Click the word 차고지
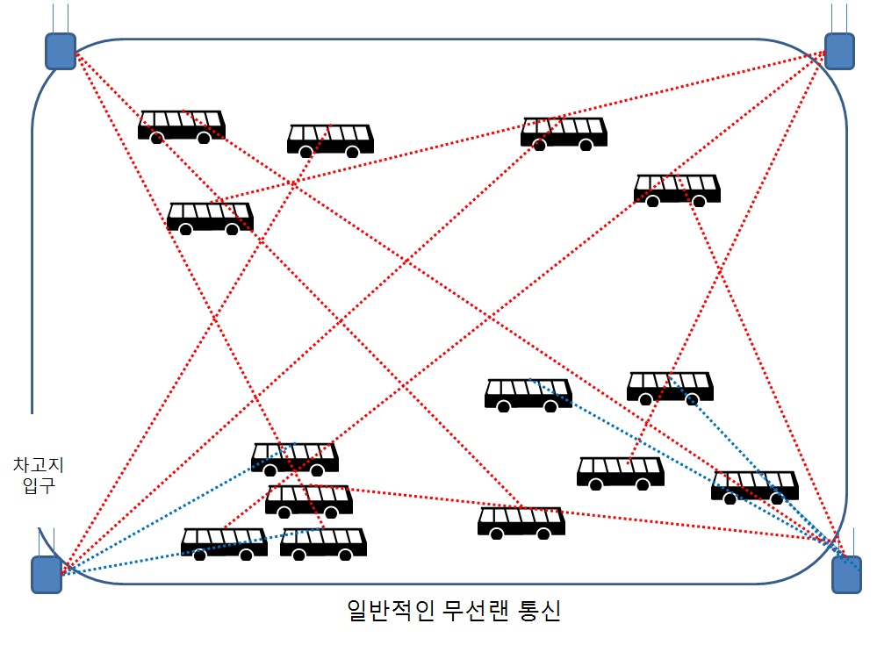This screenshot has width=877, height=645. pos(38,464)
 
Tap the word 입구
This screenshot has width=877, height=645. pos(39,484)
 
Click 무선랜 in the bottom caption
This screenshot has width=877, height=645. pos(475,610)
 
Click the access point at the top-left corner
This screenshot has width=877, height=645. pos(61,52)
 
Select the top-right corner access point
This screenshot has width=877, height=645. pos(839,52)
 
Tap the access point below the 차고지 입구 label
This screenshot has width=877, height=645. pos(47,574)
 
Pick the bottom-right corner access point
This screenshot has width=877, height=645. pos(847,574)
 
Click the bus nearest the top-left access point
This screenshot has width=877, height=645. pos(182,126)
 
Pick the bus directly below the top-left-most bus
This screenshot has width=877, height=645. pos(211,218)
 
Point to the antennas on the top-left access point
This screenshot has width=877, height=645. pos(61,18)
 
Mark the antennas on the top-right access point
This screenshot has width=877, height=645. pos(839,18)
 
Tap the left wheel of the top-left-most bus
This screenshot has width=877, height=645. pos(157,138)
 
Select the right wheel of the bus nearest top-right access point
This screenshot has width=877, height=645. pos(699,201)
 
